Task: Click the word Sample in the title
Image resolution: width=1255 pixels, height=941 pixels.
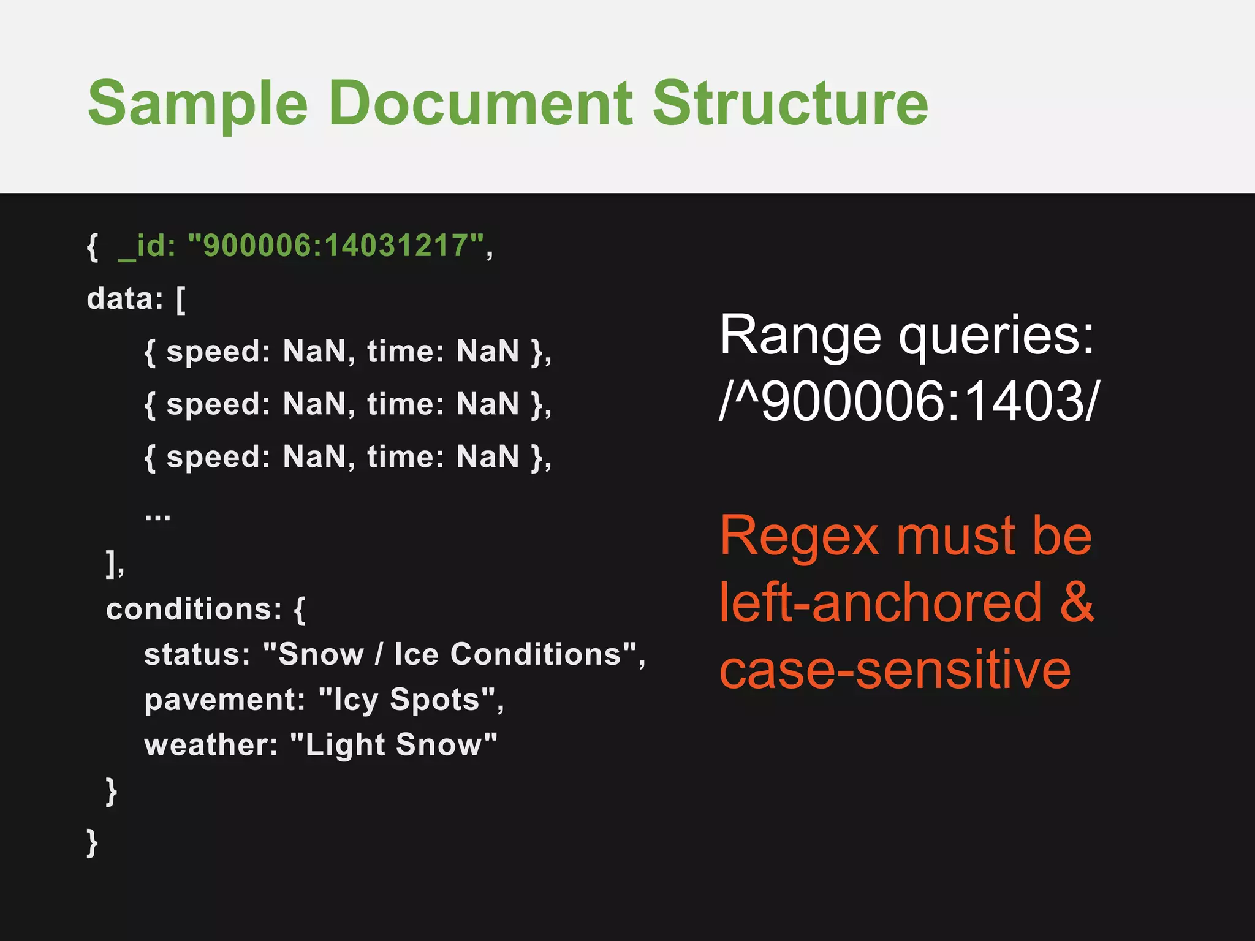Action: [x=197, y=104]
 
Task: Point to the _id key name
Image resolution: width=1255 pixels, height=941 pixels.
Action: [x=147, y=246]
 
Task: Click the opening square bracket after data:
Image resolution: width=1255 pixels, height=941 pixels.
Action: [x=181, y=300]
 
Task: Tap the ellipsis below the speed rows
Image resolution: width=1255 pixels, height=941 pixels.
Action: [x=157, y=516]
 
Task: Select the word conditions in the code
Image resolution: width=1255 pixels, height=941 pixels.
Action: [x=194, y=609]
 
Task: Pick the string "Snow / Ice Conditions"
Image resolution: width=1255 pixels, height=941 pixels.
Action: [x=450, y=654]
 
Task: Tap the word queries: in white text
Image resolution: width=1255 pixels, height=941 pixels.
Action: [x=996, y=336]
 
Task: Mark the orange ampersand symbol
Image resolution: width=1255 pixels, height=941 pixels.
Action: [x=1076, y=602]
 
